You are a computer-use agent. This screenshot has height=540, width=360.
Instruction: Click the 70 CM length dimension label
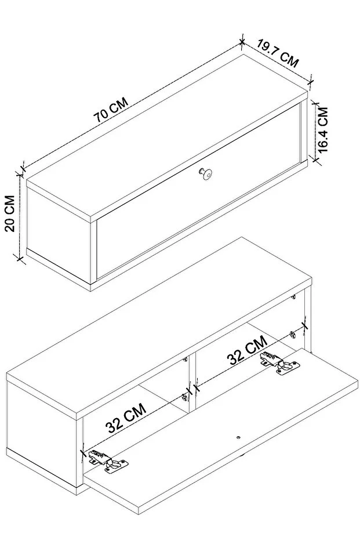point(111,110)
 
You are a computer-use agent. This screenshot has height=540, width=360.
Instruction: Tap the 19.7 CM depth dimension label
point(278,53)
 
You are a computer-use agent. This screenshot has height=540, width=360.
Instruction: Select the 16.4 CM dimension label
point(323,129)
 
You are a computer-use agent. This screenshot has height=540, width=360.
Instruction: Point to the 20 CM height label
point(10,213)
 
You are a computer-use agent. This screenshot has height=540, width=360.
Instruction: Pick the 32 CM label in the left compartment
point(126,418)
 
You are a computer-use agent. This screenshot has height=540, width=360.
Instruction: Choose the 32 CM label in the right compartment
point(247,350)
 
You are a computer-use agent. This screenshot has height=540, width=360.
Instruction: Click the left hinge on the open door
point(108,461)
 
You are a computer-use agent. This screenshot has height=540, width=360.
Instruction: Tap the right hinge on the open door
point(279,363)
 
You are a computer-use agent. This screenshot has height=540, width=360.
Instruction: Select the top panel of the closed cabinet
point(168,136)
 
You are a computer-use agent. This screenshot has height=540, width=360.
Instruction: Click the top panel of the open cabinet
point(159,327)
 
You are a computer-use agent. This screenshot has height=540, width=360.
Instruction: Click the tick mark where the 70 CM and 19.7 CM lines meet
point(242,42)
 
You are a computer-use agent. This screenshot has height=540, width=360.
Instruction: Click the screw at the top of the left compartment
point(185,359)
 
